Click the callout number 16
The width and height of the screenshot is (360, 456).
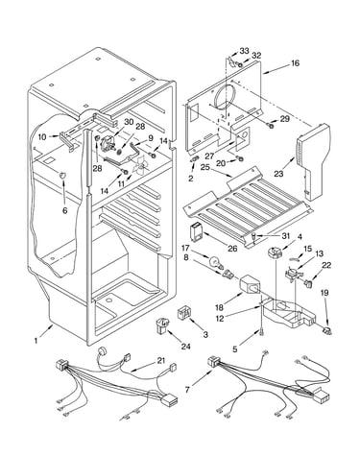(x=296, y=63)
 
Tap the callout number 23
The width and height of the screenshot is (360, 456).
(x=278, y=174)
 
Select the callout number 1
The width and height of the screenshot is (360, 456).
(x=36, y=341)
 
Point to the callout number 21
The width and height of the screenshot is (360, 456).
(x=161, y=361)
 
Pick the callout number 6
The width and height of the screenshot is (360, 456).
(x=65, y=210)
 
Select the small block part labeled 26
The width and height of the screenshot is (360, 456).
(x=196, y=231)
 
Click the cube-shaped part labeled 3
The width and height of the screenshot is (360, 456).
(x=184, y=312)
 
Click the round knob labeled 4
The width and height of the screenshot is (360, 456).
(x=274, y=253)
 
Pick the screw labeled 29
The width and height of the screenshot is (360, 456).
(x=271, y=125)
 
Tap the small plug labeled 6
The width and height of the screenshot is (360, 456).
(x=61, y=175)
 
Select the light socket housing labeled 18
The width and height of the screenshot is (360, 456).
(x=250, y=284)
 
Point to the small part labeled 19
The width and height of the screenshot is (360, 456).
(x=325, y=331)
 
